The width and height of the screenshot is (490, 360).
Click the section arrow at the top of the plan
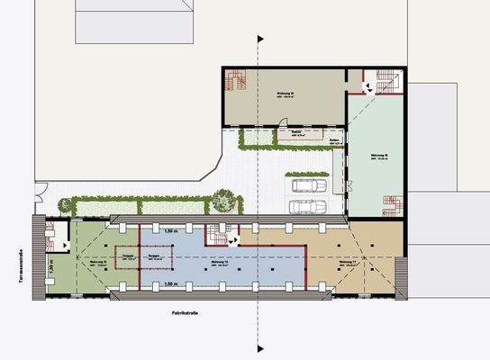260,39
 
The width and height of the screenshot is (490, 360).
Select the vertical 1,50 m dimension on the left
51,267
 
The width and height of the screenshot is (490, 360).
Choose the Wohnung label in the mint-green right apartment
379,157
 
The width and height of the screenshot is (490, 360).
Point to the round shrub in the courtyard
222,199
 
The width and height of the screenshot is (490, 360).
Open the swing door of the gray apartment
366,87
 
